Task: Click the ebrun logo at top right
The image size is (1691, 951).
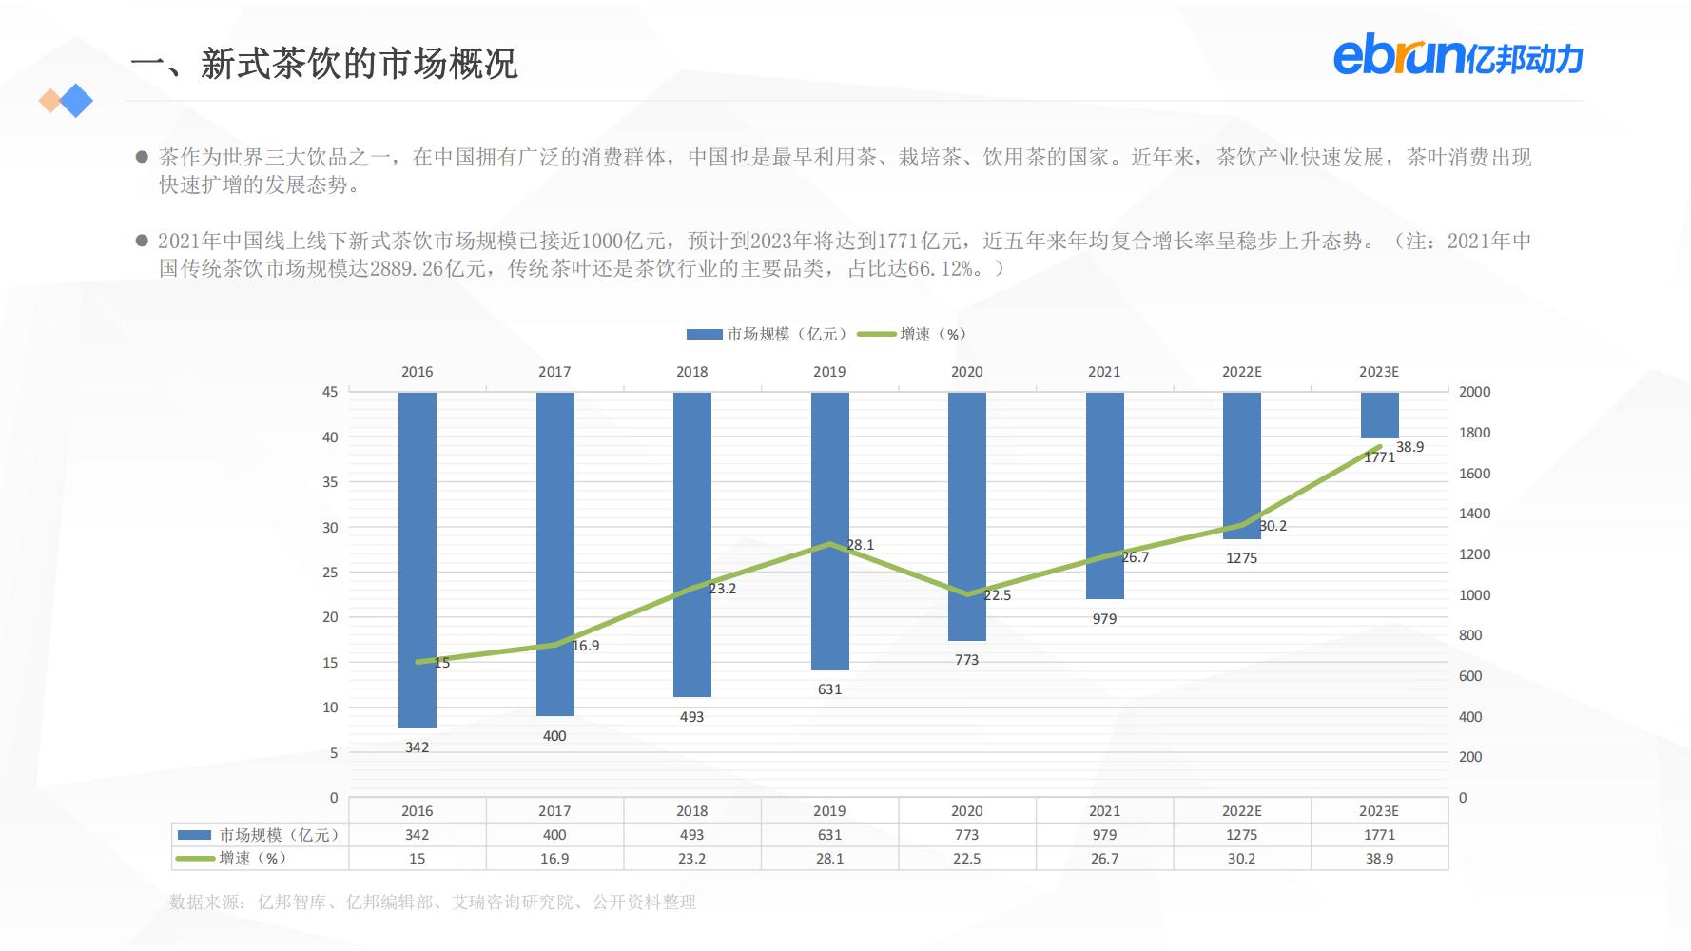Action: [x=1457, y=58]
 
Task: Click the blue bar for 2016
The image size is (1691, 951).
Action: [x=418, y=560]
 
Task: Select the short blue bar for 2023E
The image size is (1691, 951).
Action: [x=1379, y=415]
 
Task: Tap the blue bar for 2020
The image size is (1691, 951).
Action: [x=966, y=516]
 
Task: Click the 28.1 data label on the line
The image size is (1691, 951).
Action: [x=860, y=545]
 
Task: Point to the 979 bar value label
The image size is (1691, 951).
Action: [x=1104, y=619]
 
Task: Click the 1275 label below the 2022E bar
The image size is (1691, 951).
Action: [x=1241, y=558]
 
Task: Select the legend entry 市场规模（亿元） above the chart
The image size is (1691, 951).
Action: [x=766, y=334]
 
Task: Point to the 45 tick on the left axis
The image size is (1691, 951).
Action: [x=330, y=392]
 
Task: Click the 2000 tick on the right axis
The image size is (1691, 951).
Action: [x=1474, y=392]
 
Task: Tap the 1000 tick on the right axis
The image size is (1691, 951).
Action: [x=1474, y=595]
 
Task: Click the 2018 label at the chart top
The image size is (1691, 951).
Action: [x=691, y=372]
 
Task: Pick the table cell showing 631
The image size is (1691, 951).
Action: [x=829, y=835]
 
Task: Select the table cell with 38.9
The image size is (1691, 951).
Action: [x=1379, y=859]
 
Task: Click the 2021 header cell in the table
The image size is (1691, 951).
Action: [x=1104, y=811]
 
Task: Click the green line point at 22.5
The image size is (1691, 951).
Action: [x=967, y=594]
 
